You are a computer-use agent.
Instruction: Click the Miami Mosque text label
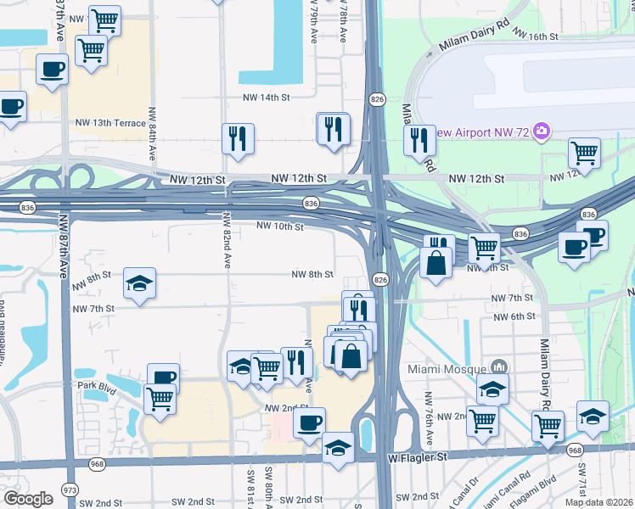click(452, 367)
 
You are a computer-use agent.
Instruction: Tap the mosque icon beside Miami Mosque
click(498, 366)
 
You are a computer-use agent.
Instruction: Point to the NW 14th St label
click(266, 98)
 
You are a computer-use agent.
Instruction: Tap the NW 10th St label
click(279, 227)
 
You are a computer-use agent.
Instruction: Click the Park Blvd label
click(95, 385)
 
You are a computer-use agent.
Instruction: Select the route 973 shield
click(70, 490)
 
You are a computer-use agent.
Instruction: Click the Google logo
click(28, 499)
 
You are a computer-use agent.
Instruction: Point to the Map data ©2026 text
click(599, 502)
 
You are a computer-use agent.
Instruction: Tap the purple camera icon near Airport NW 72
click(542, 131)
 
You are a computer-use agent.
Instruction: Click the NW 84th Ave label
click(153, 136)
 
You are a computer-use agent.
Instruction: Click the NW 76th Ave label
click(430, 416)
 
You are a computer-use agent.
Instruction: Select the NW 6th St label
click(514, 316)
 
